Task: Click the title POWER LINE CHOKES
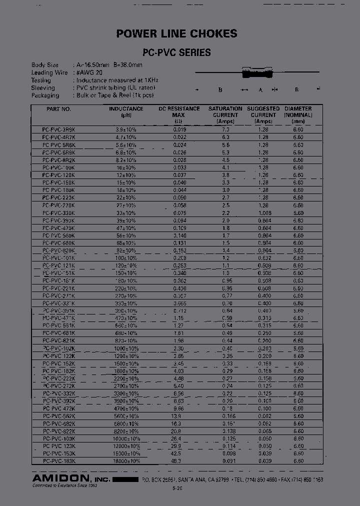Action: pos(176,34)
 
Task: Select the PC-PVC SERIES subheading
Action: pos(176,52)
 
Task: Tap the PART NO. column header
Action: pos(59,109)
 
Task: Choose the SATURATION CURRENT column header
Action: pos(225,114)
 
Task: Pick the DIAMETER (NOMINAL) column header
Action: pos(298,114)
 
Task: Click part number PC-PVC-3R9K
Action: pos(59,129)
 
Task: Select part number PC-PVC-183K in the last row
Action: pos(59,460)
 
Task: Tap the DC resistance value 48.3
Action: pos(177,460)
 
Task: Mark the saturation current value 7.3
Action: pos(226,129)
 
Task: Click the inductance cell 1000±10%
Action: pos(126,348)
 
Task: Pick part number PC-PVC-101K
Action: pos(59,258)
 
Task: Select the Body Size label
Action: pos(45,65)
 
